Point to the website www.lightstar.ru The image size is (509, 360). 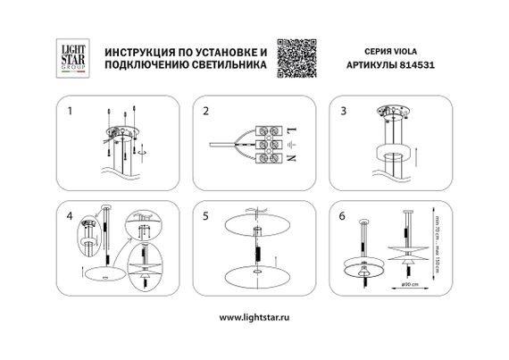click(x=254, y=317)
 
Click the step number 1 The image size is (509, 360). click(x=71, y=113)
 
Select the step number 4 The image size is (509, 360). click(x=71, y=217)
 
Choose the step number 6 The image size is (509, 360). click(x=341, y=217)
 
